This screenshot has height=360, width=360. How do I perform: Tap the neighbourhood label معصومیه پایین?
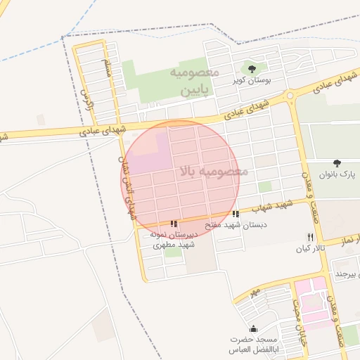pyautogui.click(x=195, y=81)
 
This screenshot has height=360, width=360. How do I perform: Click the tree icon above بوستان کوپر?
pyautogui.click(x=252, y=68)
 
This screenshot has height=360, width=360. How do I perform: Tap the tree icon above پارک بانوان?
pyautogui.click(x=337, y=162)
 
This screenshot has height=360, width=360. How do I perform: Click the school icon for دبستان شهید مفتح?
pyautogui.click(x=236, y=214)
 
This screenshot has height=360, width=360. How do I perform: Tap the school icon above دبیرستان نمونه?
pyautogui.click(x=174, y=224)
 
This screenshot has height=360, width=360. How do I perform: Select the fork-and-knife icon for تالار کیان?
pyautogui.click(x=310, y=237)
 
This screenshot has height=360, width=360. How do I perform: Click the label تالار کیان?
pyautogui.click(x=308, y=249)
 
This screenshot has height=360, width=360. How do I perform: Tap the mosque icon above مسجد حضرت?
pyautogui.click(x=253, y=328)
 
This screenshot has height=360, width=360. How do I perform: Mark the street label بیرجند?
pyautogui.click(x=348, y=272)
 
